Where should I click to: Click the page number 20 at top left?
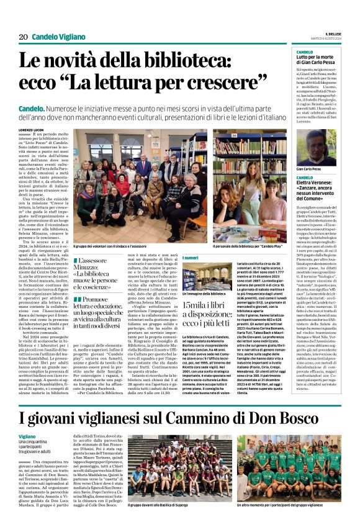pos(23,37)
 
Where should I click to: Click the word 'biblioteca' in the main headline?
pos(216,61)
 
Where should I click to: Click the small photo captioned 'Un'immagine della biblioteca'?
pos(198,276)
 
